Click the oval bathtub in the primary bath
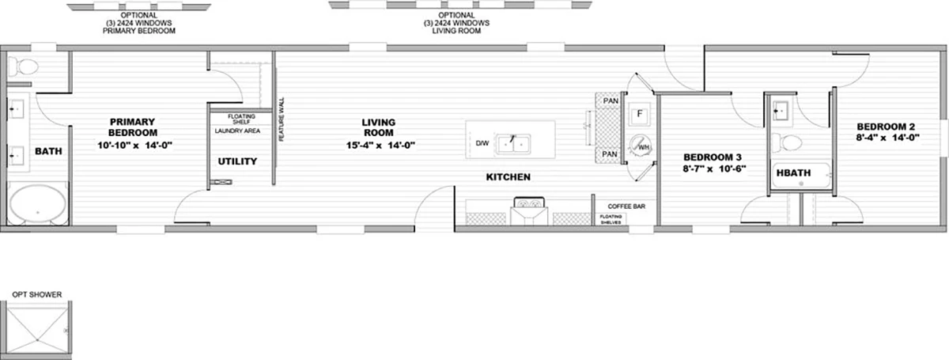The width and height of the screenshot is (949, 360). [x=38, y=205]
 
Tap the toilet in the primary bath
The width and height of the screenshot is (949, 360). [x=24, y=66]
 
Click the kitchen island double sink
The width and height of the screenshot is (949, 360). [x=513, y=144]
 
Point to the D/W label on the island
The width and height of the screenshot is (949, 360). [x=482, y=143]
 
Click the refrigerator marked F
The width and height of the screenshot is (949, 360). [x=639, y=114]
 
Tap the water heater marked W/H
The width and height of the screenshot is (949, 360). [x=640, y=146]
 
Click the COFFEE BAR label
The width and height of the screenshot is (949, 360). [x=626, y=207]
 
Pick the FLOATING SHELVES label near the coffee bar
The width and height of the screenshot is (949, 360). [x=611, y=219]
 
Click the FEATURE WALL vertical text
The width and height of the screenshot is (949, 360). [x=282, y=119]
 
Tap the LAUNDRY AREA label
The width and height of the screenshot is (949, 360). [x=237, y=131]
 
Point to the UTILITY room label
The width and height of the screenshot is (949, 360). [x=237, y=161]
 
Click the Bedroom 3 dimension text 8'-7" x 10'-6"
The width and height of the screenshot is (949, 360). [x=714, y=169]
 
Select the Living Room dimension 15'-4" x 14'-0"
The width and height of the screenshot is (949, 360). [x=380, y=145]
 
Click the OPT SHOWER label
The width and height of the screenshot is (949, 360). [x=37, y=294]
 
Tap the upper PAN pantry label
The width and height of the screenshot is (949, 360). [x=611, y=101]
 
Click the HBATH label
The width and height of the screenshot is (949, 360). [x=793, y=173]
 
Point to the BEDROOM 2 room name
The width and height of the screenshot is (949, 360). [x=886, y=127]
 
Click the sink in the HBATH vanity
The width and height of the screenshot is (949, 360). [x=781, y=111]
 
